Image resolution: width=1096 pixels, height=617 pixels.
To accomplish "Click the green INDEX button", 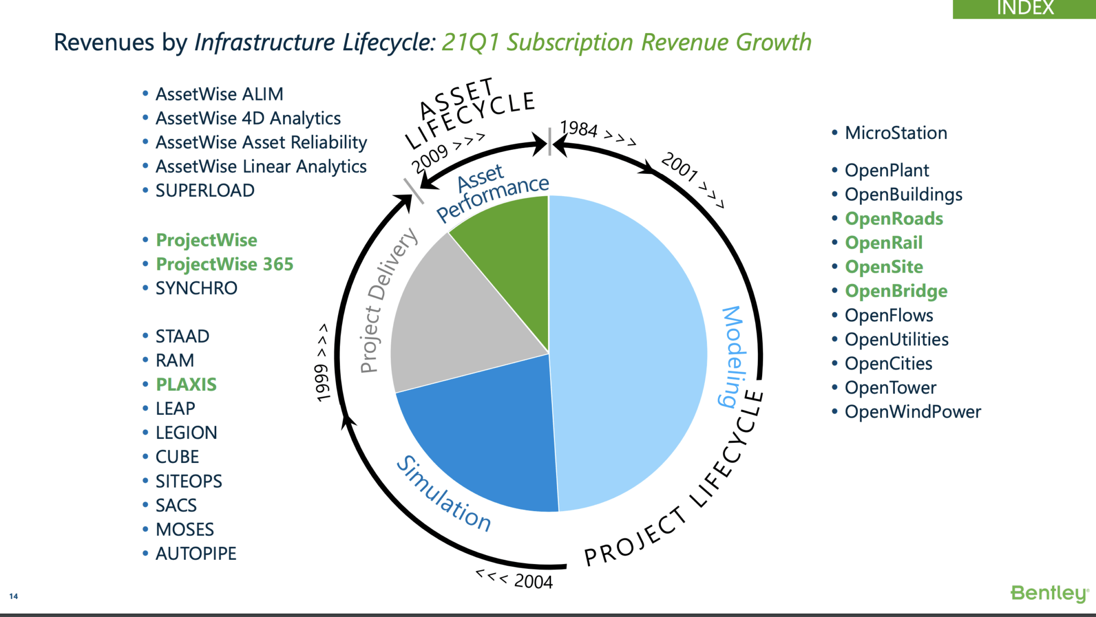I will tap(1024, 9).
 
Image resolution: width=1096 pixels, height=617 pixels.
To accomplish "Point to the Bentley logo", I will tap(1049, 593).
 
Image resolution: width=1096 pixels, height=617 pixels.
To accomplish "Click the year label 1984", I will tap(579, 129).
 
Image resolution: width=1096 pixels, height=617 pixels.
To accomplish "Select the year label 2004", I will tap(533, 581).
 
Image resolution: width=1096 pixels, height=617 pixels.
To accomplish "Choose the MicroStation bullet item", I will tap(895, 133).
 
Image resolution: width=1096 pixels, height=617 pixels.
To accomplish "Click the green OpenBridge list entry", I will tap(896, 291).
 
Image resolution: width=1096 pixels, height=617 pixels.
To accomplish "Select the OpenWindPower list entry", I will tap(912, 412).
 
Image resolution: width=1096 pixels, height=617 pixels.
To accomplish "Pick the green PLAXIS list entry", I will tap(186, 384).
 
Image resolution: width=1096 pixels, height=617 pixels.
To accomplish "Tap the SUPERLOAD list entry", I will tap(204, 190).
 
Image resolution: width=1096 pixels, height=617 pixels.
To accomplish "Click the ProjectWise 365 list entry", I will tap(224, 264).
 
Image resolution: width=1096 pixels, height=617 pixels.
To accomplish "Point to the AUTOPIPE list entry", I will tap(195, 553).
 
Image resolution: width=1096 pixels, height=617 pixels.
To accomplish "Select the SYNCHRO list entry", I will tap(196, 288).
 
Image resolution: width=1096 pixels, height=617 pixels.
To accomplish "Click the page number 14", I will tap(13, 596).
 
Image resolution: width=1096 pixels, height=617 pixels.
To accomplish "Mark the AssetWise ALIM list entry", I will tap(219, 94).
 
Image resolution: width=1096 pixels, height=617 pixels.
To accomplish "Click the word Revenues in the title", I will tap(104, 42).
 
